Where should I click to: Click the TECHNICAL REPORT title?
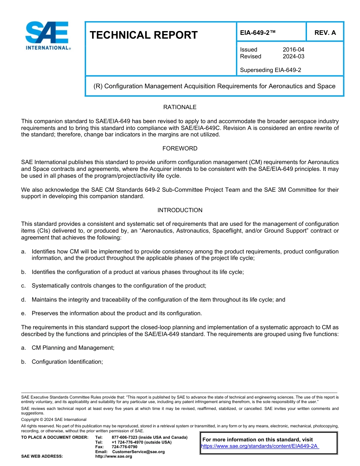coord(144,35)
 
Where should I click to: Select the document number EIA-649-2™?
coord(257,33)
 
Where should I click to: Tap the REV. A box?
coord(325,33)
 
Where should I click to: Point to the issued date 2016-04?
coord(293,50)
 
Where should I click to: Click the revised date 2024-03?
coord(293,56)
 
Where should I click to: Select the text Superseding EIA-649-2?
coord(271,70)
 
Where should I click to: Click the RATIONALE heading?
coord(180,107)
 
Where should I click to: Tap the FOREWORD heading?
coord(180,149)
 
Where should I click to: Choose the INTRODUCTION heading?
coord(180,210)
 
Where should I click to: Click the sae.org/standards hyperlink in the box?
coord(260,446)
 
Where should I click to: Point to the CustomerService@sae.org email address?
coord(138,452)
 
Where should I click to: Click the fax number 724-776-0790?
coord(124,447)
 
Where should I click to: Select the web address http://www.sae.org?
coord(114,457)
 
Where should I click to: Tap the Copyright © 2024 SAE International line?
coord(54,419)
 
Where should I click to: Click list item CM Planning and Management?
coord(73,348)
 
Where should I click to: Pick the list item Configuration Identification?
coord(67,362)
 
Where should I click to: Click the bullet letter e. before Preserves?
coord(23,313)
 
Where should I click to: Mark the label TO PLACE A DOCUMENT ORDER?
coord(55,438)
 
